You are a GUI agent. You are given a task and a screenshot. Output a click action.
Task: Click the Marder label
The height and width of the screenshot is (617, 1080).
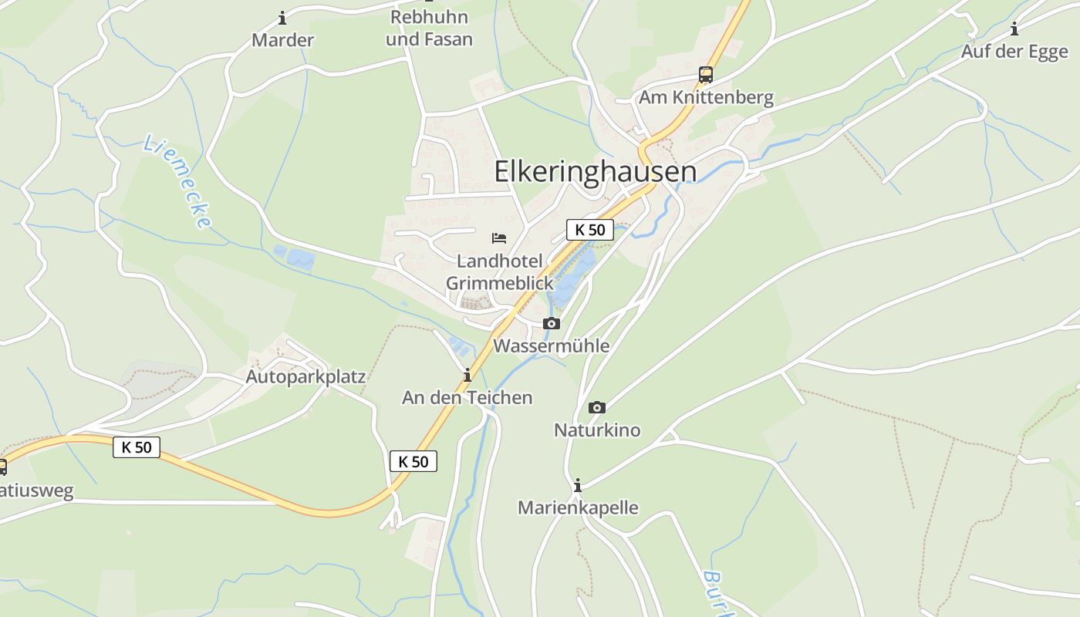282,40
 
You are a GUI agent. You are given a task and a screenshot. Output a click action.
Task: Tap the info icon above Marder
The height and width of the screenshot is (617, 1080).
282,18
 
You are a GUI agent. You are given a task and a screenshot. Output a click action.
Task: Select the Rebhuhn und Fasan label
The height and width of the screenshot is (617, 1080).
429,28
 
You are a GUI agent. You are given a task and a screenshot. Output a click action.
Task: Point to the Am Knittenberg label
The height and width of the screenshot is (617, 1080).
706,98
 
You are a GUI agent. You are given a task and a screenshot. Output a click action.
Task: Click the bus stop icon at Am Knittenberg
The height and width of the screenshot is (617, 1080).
706,75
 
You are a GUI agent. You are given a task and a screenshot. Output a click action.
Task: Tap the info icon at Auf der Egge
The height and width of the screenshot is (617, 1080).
1014,30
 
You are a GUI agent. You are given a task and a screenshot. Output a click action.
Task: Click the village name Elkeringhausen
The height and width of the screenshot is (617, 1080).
595,172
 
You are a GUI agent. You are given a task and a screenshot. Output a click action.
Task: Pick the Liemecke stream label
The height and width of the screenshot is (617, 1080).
178,182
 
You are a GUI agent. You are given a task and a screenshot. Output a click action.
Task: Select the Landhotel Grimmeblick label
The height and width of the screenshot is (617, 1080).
500,272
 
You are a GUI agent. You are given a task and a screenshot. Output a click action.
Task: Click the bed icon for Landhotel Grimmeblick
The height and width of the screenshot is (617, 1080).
499,238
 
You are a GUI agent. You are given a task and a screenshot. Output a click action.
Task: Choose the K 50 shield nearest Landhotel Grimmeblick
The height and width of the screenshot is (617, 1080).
590,230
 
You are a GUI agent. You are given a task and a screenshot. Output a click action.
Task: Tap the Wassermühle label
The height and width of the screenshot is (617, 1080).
551,346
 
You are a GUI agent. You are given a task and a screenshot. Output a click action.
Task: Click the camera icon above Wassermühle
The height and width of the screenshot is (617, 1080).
551,324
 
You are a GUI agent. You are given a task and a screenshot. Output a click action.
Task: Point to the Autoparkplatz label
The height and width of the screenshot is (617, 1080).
305,377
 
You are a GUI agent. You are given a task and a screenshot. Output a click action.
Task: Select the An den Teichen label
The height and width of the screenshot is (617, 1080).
467,398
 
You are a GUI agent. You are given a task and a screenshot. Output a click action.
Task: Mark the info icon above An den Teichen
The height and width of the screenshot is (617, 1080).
467,376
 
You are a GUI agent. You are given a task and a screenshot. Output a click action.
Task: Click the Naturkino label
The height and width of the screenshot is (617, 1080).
597,430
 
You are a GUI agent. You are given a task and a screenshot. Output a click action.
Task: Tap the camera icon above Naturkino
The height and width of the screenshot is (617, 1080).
597,408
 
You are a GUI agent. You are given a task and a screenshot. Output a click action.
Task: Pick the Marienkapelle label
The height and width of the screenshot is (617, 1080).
578,508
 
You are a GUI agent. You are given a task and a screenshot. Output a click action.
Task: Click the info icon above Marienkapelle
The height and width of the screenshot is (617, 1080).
577,486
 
